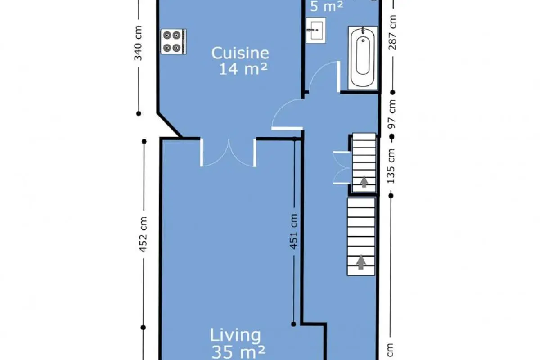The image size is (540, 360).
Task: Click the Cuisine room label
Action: pyautogui.click(x=240, y=53)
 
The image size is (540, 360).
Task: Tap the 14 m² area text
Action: pyautogui.click(x=243, y=69)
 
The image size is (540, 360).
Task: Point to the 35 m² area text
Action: pyautogui.click(x=238, y=352)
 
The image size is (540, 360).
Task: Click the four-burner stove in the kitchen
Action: pyautogui.click(x=174, y=42)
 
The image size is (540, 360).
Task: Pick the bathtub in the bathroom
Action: pyautogui.click(x=363, y=58)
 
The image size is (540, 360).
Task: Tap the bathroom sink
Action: pyautogui.click(x=316, y=31)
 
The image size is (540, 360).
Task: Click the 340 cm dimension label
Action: pyautogui.click(x=138, y=43)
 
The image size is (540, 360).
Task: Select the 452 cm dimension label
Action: pyautogui.click(x=144, y=234)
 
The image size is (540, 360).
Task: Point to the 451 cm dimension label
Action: pyautogui.click(x=293, y=232)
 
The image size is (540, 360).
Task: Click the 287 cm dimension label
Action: pyautogui.click(x=392, y=32)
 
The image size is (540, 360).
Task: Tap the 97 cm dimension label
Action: pyautogui.click(x=392, y=114)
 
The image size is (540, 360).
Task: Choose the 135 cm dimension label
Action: pyautogui.click(x=391, y=166)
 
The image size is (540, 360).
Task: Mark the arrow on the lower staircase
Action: pyautogui.click(x=360, y=262)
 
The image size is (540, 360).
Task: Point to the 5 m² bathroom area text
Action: pyautogui.click(x=327, y=7)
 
